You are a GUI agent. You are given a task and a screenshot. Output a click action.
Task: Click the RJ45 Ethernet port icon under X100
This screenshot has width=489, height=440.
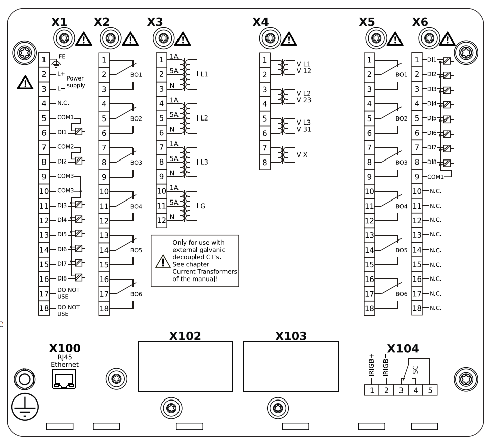point(63,379)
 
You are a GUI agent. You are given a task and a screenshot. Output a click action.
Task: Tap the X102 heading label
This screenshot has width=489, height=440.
point(185,335)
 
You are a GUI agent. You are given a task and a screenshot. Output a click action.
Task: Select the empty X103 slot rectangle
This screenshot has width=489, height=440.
point(290,367)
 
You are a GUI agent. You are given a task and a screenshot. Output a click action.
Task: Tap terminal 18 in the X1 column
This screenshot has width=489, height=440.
point(44,308)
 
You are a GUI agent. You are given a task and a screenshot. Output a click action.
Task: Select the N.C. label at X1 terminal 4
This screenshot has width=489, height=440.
point(63,103)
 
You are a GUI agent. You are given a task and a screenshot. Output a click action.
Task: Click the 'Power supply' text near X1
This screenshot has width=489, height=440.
point(76,82)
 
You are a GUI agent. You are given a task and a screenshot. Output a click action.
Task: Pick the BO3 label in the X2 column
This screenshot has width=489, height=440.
point(136,163)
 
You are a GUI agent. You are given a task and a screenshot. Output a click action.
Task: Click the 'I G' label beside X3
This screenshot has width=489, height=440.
point(201,206)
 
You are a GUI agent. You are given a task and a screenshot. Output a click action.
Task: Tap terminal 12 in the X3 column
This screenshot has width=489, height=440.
point(161,221)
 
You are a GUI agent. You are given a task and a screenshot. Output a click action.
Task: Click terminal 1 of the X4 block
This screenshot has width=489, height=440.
point(264,60)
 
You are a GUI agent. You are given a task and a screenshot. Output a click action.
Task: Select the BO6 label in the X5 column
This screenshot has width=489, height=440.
point(402,294)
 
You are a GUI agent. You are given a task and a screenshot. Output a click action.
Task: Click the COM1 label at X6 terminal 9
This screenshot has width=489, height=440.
point(435,177)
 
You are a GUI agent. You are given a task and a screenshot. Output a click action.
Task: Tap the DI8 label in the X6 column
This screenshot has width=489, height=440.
point(431,163)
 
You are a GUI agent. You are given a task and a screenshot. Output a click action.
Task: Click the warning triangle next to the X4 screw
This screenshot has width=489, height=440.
point(288,38)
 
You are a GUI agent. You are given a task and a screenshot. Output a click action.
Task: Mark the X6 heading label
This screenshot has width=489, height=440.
point(420,22)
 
